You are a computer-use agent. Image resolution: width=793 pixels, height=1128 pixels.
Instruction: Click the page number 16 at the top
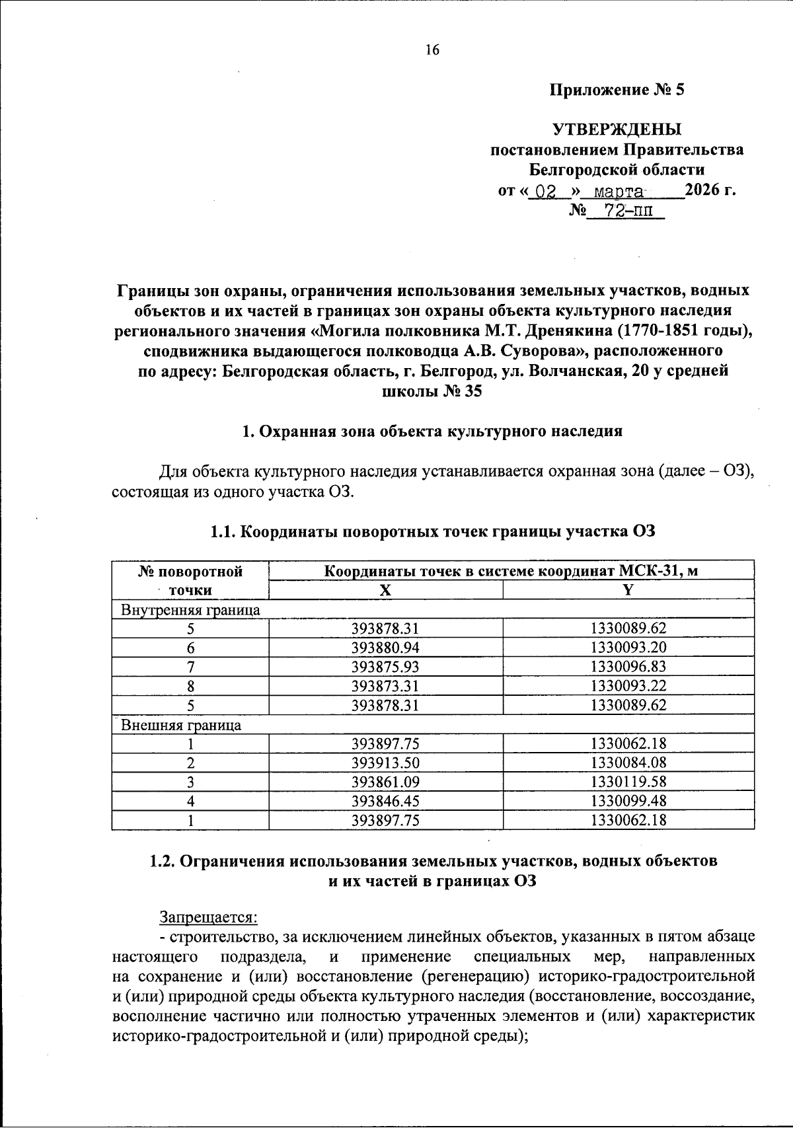[x=432, y=50]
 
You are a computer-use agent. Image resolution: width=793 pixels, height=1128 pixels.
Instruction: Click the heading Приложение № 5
[x=617, y=90]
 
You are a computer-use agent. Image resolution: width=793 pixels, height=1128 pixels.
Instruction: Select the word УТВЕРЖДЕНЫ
[x=617, y=129]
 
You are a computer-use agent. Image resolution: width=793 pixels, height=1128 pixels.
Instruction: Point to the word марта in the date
[x=619, y=192]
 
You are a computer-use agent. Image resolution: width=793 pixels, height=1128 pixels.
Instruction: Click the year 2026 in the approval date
[x=703, y=191]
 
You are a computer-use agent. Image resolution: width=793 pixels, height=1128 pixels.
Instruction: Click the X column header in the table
[x=385, y=590]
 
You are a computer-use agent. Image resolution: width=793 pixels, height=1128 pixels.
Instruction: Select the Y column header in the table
[x=628, y=590]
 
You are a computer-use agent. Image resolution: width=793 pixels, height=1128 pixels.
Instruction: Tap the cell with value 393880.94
[x=385, y=648]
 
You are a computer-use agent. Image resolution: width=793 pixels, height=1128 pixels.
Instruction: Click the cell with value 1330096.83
[x=628, y=667]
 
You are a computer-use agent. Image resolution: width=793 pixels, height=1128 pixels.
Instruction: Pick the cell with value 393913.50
[x=385, y=763]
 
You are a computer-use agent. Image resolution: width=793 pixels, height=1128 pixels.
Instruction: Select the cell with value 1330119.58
[x=628, y=782]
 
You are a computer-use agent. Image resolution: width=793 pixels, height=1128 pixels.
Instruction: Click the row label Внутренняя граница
[x=190, y=610]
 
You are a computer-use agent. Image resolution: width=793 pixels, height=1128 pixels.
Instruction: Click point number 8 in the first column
[x=190, y=686]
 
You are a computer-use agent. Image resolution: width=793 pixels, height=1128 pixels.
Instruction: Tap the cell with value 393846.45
[x=385, y=801]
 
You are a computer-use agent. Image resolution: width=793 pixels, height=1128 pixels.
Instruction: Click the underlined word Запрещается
[x=208, y=917]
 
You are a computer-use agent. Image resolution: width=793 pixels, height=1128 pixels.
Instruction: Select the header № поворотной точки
[x=190, y=580]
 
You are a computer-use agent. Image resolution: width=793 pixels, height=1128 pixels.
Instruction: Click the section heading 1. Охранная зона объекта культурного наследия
[x=432, y=432]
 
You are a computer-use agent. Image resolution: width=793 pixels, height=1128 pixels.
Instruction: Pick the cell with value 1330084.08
[x=628, y=763]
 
